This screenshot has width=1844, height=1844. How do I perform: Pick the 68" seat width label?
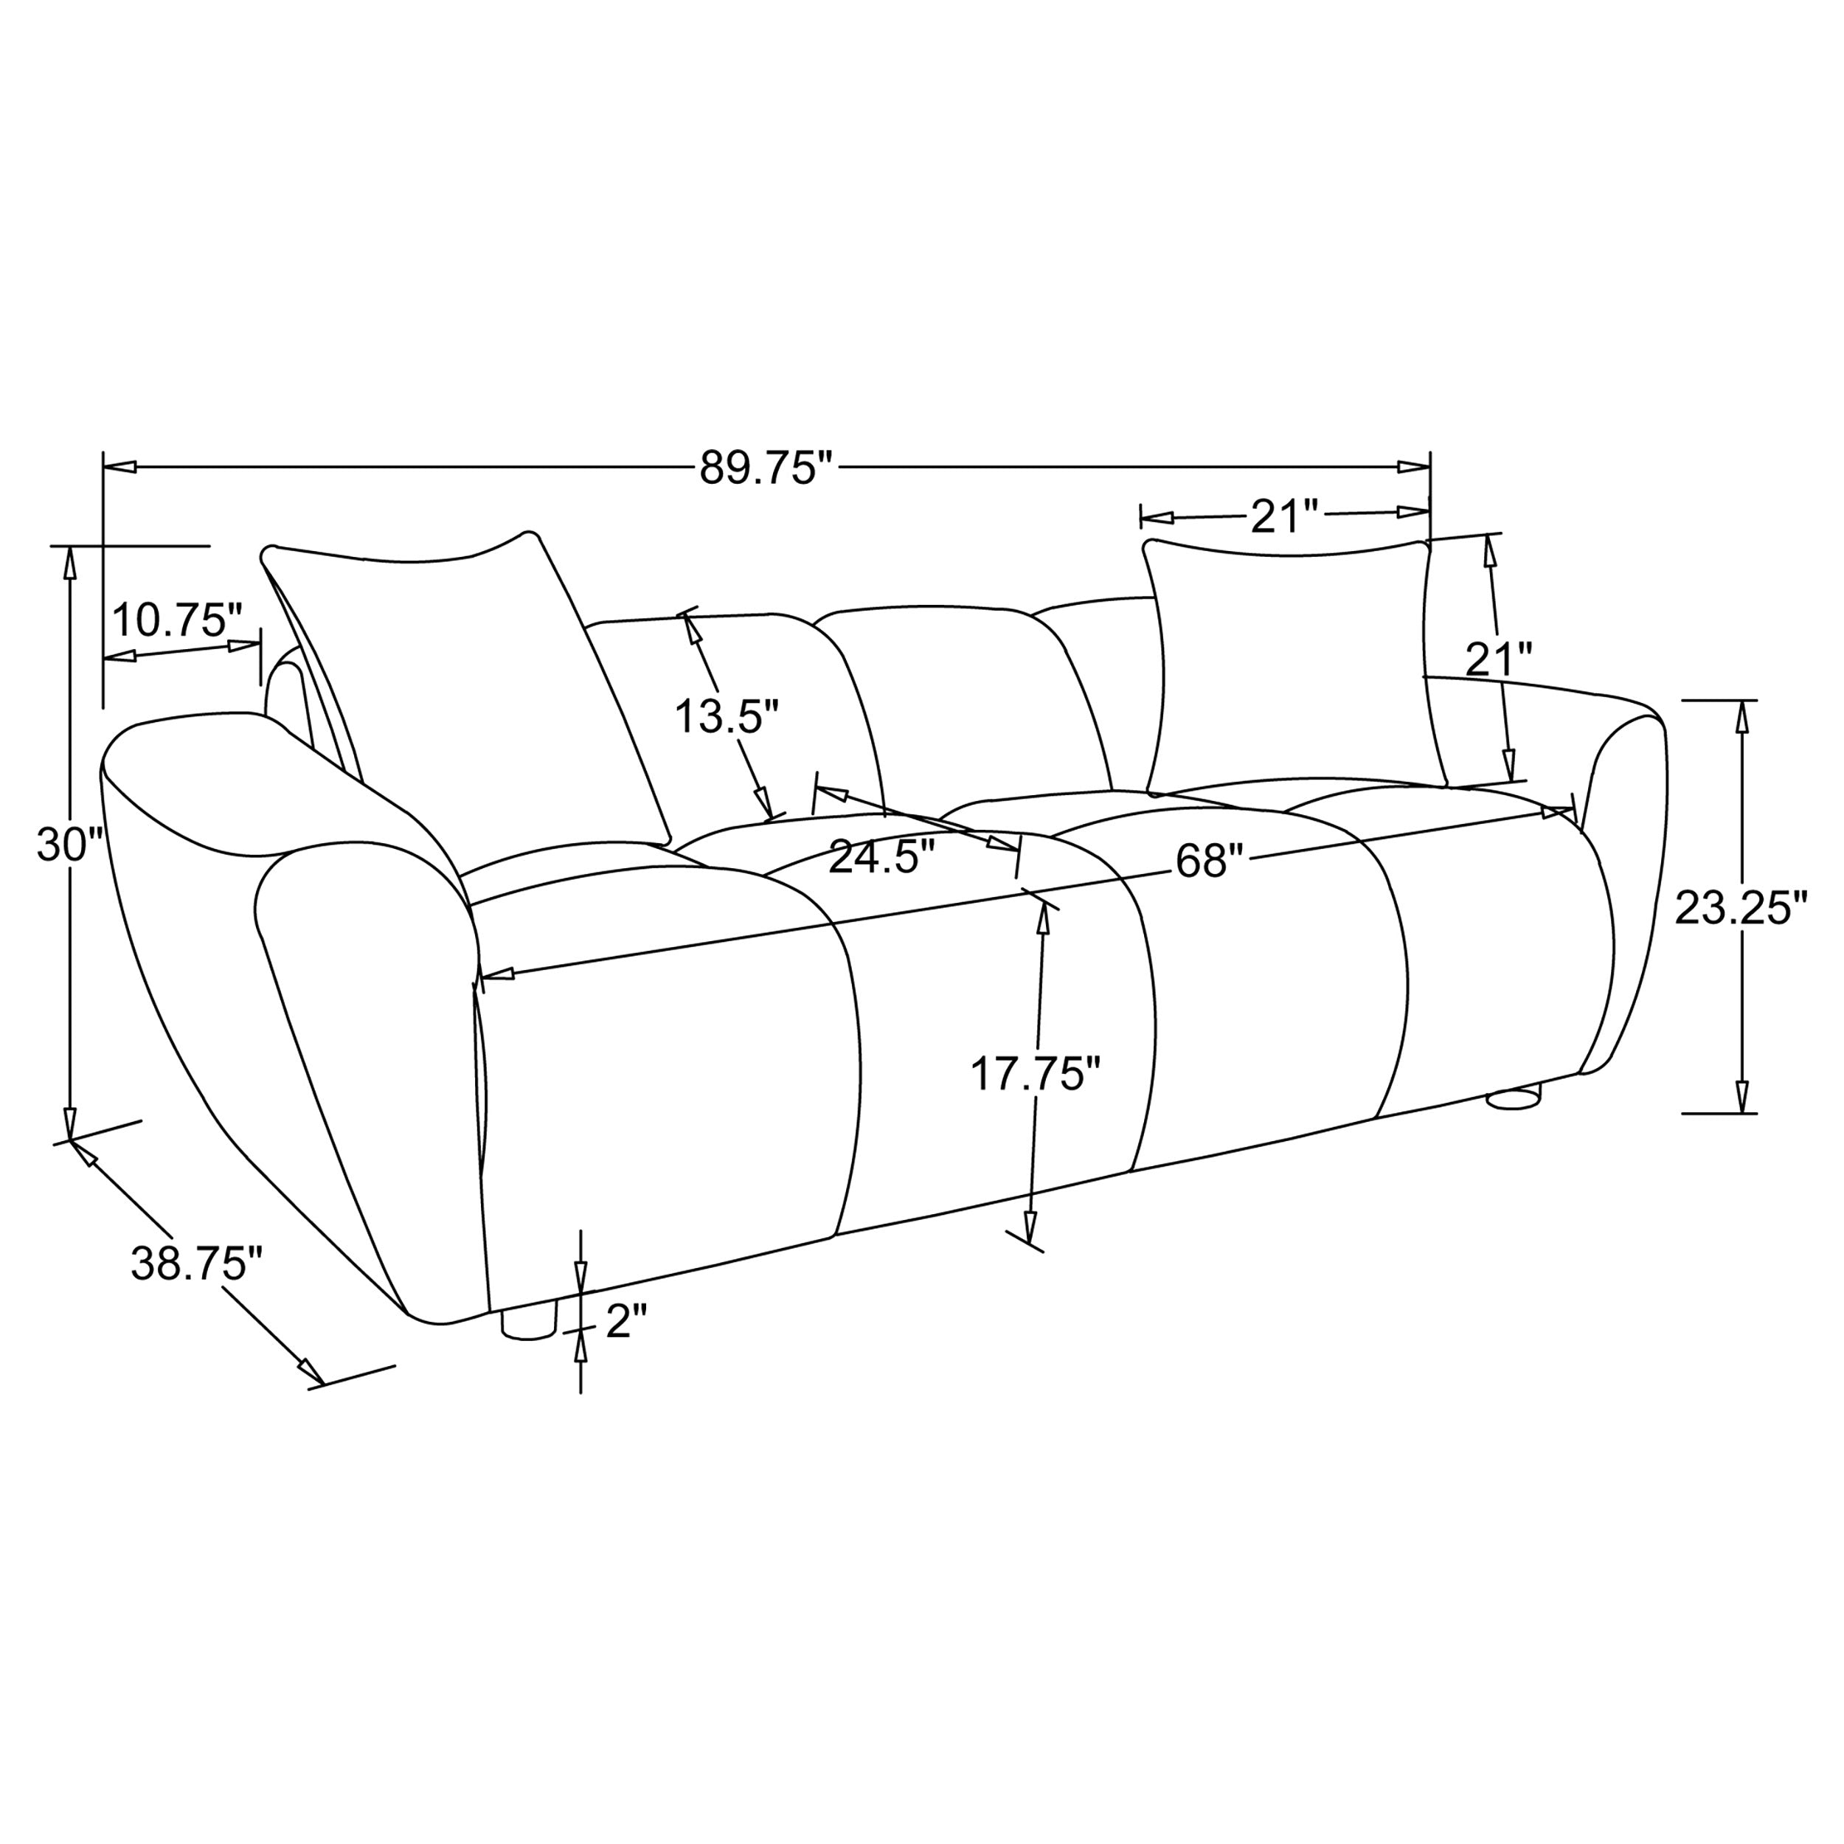point(1211,861)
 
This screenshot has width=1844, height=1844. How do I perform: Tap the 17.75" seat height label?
point(1036,1074)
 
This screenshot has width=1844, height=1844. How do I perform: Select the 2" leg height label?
point(627,1322)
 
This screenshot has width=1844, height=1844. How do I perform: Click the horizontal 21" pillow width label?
point(1283,517)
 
